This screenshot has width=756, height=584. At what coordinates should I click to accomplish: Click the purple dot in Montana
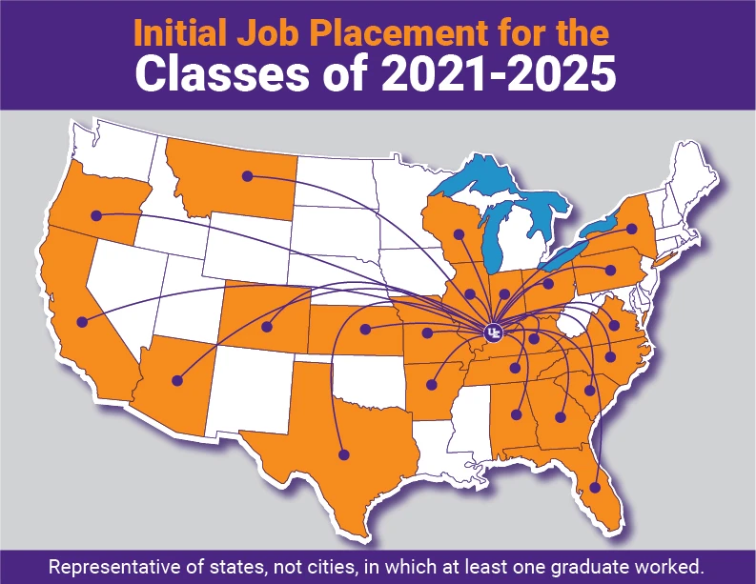click(x=247, y=175)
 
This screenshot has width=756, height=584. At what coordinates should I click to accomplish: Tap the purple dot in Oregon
click(x=96, y=215)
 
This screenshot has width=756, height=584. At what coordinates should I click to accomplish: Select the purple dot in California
click(x=83, y=320)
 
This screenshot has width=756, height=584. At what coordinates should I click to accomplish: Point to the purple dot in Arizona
click(x=176, y=380)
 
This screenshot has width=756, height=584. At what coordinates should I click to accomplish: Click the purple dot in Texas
click(x=344, y=453)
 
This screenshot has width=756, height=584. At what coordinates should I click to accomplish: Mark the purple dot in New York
click(x=631, y=229)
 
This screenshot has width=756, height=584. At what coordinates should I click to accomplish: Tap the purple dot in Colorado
click(x=267, y=328)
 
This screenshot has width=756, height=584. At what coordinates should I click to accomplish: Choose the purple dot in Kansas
click(x=365, y=331)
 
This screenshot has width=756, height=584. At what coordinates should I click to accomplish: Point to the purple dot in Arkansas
click(x=432, y=386)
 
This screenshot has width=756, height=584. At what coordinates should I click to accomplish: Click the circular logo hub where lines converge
click(x=492, y=332)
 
